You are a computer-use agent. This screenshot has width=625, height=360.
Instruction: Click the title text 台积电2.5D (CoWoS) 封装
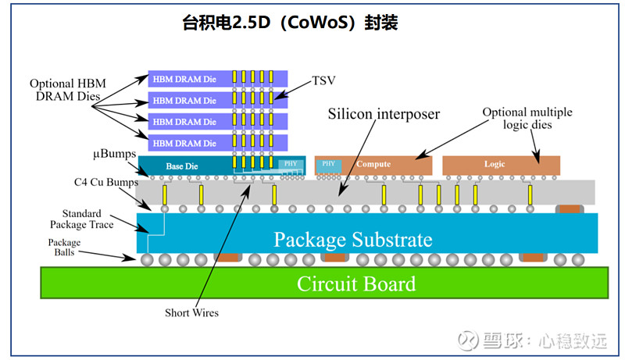pyautogui.click(x=290, y=23)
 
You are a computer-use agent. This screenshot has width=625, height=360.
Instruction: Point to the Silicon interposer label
pyautogui.click(x=384, y=114)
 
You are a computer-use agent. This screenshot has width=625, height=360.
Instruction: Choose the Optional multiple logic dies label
pyautogui.click(x=527, y=118)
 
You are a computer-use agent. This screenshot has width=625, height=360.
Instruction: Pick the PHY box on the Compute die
pyautogui.click(x=327, y=164)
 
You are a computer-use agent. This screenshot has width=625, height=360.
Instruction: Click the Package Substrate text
pyautogui.click(x=353, y=238)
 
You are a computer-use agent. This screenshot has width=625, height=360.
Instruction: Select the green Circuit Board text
pyautogui.click(x=356, y=283)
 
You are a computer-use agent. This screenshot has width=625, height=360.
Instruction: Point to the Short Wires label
pyautogui.click(x=191, y=313)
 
